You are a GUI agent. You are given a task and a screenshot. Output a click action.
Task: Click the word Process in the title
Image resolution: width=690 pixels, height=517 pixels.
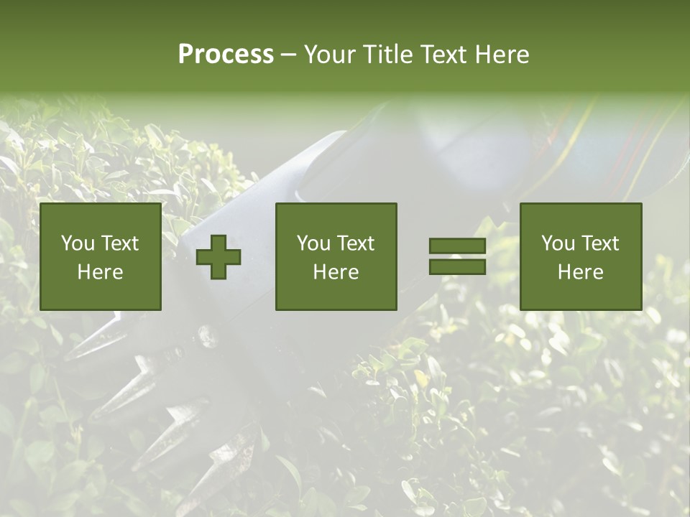(226, 55)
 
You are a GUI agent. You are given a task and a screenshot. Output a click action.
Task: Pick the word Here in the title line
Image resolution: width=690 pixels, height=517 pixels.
(502, 55)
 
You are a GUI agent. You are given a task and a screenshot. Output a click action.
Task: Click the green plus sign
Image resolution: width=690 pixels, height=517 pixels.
(219, 257)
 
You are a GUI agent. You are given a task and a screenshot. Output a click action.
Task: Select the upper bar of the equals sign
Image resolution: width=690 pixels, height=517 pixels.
(457, 246)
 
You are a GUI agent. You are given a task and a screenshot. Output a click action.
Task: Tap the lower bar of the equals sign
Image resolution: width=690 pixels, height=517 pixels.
(457, 266)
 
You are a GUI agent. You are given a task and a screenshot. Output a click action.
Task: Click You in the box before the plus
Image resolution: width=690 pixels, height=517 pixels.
(78, 243)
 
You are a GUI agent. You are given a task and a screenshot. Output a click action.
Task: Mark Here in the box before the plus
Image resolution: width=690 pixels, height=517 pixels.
(100, 272)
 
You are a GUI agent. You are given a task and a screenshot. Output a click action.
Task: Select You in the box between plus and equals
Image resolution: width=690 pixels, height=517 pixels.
(313, 243)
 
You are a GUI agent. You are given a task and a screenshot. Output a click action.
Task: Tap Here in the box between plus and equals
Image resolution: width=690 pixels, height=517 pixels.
(336, 272)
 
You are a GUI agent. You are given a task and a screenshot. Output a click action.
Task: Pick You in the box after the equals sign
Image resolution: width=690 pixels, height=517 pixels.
(558, 243)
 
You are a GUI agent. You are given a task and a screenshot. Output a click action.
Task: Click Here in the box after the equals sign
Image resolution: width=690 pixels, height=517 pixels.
(580, 272)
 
